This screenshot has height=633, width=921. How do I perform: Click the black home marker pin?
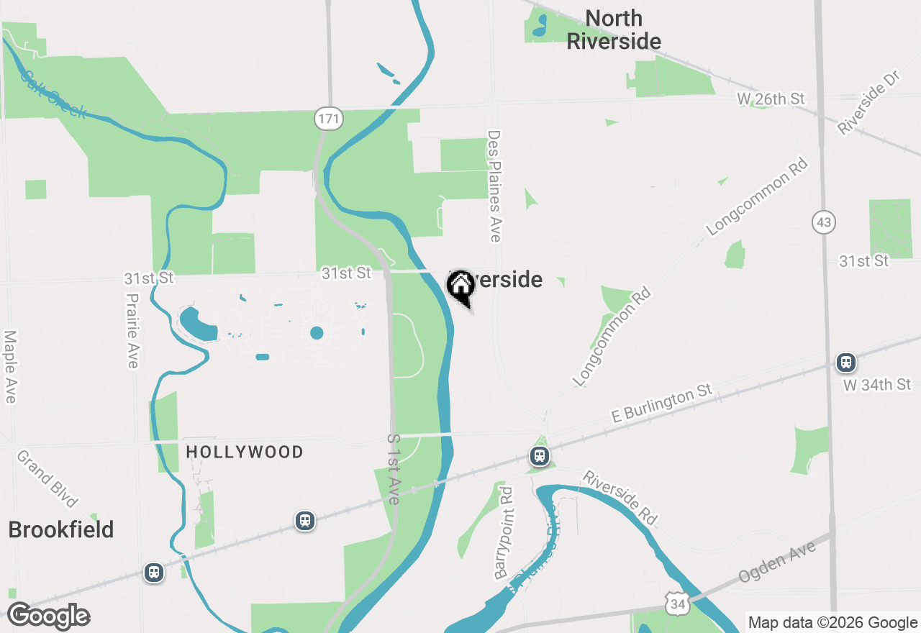460,287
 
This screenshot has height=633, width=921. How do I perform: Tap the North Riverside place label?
614,30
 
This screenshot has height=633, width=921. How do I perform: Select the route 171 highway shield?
328,119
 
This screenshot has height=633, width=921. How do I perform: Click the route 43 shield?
824,222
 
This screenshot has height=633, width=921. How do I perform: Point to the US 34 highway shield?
677,604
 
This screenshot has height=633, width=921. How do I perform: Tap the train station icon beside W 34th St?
846,363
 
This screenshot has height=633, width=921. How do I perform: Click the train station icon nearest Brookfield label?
153,573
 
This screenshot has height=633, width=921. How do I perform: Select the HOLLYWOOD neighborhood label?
245,452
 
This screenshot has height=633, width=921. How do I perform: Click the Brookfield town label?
61,530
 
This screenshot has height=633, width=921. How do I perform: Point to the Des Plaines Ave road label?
494,186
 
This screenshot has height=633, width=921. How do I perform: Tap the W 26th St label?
771,99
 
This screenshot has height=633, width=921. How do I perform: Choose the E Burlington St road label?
661,404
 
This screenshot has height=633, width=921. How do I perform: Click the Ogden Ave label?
777,563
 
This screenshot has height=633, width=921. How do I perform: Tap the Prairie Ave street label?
132,330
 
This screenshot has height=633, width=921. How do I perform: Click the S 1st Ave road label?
393,469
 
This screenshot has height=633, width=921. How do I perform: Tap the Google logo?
48,616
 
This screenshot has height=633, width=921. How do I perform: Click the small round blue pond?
317,332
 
